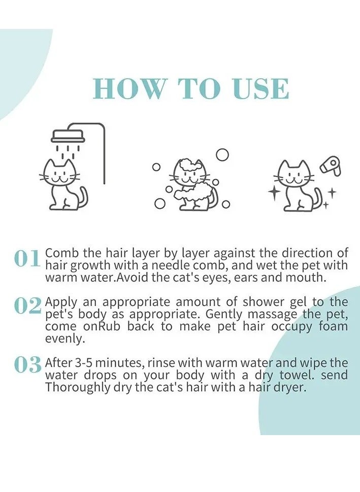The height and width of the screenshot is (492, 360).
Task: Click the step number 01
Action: [27, 259]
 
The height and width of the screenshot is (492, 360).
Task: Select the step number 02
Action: [27, 305]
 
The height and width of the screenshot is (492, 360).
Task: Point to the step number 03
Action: [27, 364]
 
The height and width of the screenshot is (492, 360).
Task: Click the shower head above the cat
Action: [68, 136]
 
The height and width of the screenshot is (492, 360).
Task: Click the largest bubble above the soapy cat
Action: [222, 155]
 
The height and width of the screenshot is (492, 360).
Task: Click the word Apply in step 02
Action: [61, 302]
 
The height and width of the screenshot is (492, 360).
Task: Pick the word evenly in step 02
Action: [65, 339]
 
